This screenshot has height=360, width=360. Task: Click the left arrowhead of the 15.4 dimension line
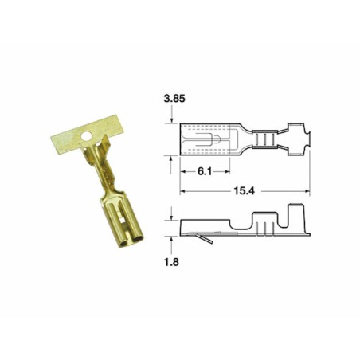click(182, 191)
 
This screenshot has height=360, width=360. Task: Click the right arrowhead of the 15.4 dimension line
click(307, 191)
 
